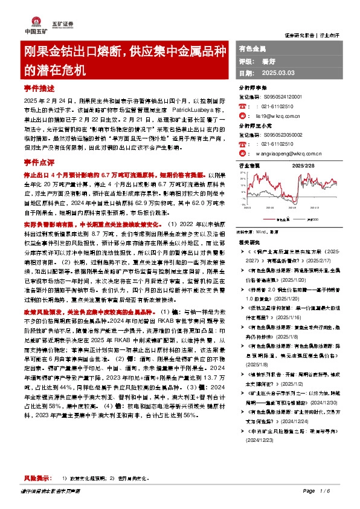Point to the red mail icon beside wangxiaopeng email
(242, 154)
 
